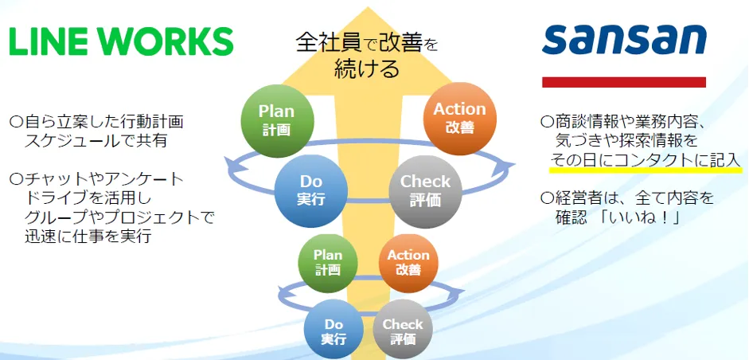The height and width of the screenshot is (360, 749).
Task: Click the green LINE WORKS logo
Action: coord(121,41)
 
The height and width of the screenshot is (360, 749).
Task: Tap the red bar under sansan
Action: coord(624,81)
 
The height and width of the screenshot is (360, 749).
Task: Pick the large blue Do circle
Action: coord(310,190)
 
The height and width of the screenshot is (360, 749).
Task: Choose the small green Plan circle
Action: coord(328,262)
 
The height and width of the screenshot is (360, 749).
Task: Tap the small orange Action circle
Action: coord(408,262)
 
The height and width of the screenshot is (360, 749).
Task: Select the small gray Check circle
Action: coord(403,331)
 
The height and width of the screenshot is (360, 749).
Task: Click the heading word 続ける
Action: coord(367,68)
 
